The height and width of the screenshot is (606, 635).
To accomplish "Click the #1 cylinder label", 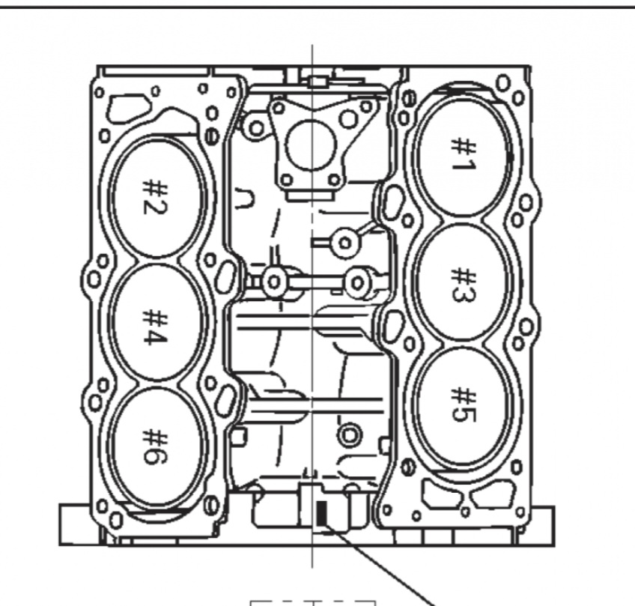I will click(x=461, y=154).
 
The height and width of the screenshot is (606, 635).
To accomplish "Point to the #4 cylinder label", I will click(x=154, y=326).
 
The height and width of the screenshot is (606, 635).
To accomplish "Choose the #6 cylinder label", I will click(x=154, y=446).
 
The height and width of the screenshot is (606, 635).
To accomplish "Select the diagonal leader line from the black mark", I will click(x=382, y=566).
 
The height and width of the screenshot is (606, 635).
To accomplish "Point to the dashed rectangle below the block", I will click(x=312, y=602).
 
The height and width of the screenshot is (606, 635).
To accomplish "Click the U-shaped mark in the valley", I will click(x=244, y=200).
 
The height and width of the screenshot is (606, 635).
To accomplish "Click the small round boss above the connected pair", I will click(x=345, y=240).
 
